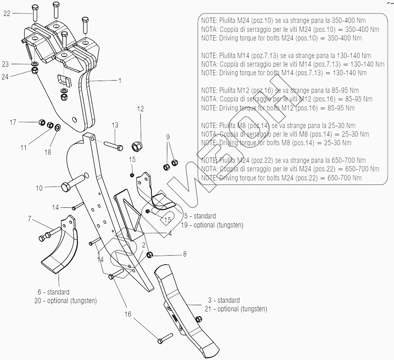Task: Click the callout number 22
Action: point(7,13)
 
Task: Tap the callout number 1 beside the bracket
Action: point(120,81)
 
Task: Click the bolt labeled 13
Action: point(113,145)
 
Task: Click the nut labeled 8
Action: point(150,254)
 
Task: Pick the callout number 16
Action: point(128,314)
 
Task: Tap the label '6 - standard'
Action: point(54,292)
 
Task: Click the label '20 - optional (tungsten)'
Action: point(66,301)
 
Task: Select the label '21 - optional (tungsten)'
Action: point(236,309)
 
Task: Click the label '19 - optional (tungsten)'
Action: point(213,225)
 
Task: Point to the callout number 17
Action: point(13,122)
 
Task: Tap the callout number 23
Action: point(5,64)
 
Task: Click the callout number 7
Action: point(29,219)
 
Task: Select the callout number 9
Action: point(168,137)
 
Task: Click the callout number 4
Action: point(170,234)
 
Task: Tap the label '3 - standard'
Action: point(223,300)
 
